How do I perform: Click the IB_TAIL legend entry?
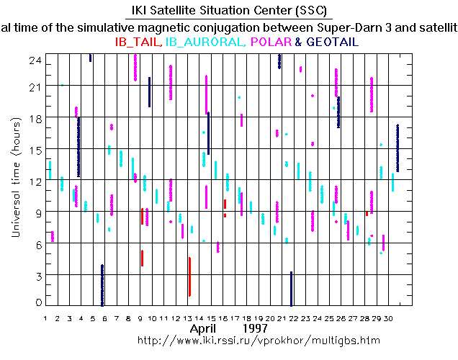pyautogui.click(x=138, y=42)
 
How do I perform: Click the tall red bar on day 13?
pyautogui.click(x=189, y=276)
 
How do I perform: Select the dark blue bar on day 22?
pyautogui.click(x=291, y=288)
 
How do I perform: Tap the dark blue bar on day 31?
pyautogui.click(x=398, y=148)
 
